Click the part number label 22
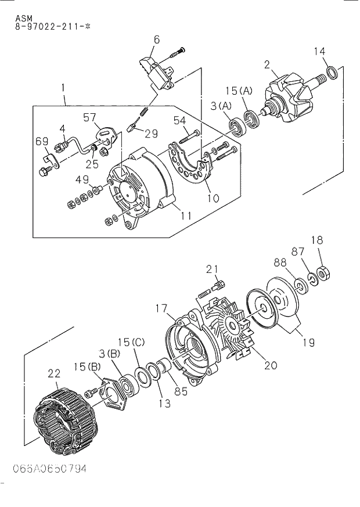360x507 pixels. pyautogui.click(x=54, y=373)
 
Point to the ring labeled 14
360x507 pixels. pyautogui.click(x=332, y=73)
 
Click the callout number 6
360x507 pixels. pyautogui.click(x=157, y=39)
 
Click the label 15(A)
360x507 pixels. pyautogui.click(x=239, y=91)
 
